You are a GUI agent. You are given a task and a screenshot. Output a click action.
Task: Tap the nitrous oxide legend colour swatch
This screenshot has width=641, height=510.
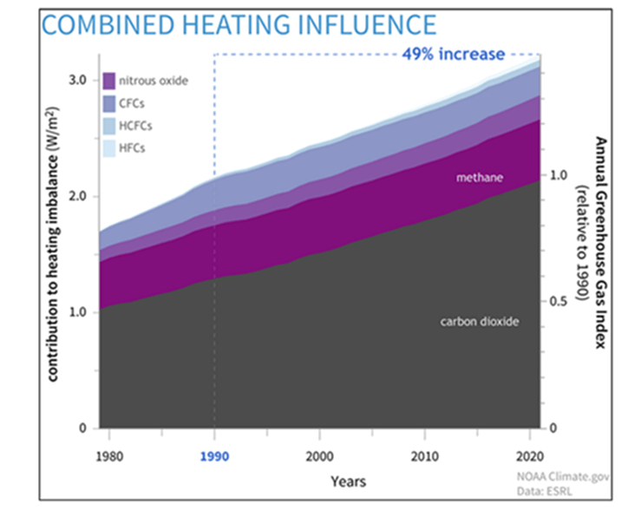(x=109, y=81)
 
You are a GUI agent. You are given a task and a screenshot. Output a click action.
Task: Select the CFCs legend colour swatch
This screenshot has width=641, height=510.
(x=109, y=103)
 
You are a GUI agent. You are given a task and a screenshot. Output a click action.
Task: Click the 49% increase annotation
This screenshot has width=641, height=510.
(x=453, y=54)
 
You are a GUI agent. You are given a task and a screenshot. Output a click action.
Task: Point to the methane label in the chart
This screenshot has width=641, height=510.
(x=480, y=179)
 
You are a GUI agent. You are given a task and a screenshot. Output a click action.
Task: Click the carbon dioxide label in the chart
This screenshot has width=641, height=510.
(x=479, y=321)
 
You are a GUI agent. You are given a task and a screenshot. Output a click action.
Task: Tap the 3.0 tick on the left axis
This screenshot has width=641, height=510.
(x=79, y=80)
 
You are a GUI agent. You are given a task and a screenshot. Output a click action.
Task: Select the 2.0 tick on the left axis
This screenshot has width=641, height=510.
(x=79, y=196)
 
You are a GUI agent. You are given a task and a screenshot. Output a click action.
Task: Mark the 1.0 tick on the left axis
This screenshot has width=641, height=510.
(x=79, y=312)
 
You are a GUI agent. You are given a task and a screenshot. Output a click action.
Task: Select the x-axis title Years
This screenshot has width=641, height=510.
(x=348, y=481)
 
